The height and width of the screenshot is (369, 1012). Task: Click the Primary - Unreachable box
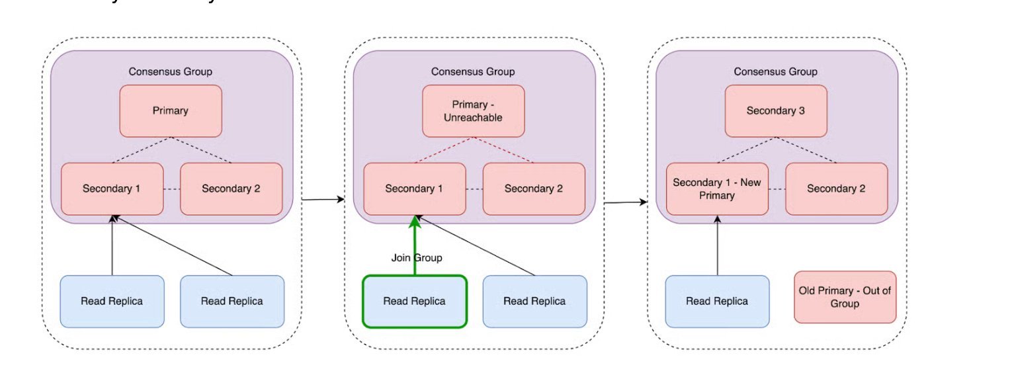(x=473, y=111)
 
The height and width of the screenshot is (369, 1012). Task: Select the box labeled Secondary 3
(x=775, y=111)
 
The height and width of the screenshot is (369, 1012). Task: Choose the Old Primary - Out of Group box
(x=845, y=297)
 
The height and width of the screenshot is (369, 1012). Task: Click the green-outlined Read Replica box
(x=415, y=301)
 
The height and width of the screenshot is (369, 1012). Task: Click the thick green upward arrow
(x=415, y=245)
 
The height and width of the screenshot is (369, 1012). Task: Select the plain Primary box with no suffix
(x=170, y=111)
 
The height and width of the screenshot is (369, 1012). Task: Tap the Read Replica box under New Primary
(x=717, y=302)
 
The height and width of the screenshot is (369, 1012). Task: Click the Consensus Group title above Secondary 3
(x=775, y=71)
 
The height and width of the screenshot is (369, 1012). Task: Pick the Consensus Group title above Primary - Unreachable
(x=473, y=71)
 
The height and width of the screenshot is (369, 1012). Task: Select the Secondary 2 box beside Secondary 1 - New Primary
(x=836, y=188)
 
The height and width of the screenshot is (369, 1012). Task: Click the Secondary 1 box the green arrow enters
(x=415, y=188)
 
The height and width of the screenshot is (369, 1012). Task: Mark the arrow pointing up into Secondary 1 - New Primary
(x=717, y=245)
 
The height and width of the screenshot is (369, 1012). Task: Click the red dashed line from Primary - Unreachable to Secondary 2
(x=505, y=150)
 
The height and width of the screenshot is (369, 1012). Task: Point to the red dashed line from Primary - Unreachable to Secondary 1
(x=443, y=150)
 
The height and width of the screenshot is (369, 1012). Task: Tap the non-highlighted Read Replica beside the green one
(x=534, y=302)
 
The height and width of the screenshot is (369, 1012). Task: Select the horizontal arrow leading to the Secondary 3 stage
(x=625, y=202)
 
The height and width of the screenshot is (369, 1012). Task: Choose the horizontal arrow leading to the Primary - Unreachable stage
(x=323, y=198)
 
